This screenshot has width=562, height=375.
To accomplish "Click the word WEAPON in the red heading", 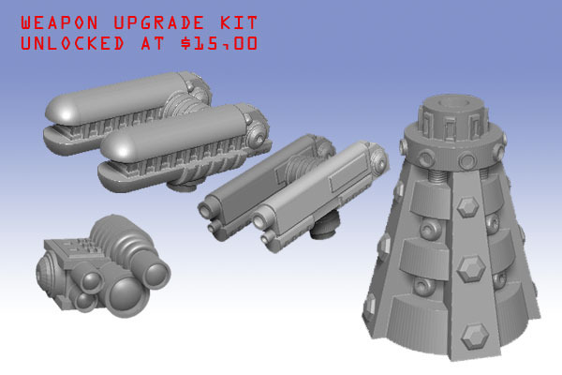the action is point(59,22).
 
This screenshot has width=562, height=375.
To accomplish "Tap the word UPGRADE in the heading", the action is point(159,22).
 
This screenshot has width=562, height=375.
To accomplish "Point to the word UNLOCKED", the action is point(72,43).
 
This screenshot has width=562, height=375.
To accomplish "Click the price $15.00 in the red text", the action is point(219,43).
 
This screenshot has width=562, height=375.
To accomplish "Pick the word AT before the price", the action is point(153,43).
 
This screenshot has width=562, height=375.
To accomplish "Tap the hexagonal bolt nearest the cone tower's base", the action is point(475,337).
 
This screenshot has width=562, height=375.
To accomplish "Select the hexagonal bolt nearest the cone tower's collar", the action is point(467,206).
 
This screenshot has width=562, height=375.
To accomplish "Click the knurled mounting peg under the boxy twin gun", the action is point(323,226).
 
